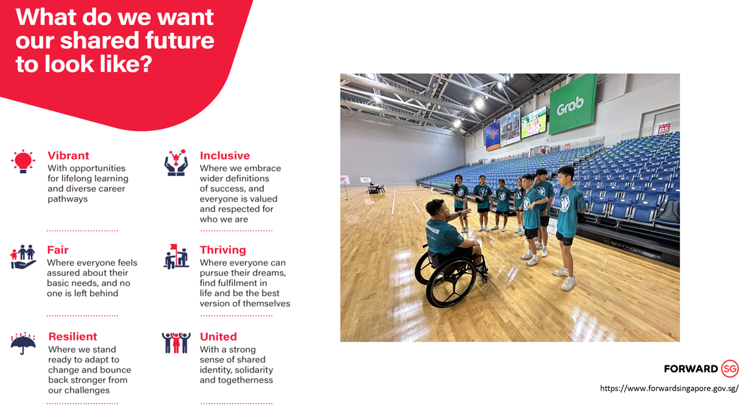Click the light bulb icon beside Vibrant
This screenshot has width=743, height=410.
23,161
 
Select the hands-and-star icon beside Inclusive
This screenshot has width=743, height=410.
176,162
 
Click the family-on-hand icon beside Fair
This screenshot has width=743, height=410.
23,257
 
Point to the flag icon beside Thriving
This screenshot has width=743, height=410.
176,256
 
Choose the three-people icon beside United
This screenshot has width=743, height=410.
176,343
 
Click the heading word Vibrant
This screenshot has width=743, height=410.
68,155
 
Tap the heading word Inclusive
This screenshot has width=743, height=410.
224,155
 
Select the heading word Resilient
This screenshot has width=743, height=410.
73,336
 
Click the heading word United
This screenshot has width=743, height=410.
218,336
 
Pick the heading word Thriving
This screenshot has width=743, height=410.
223,250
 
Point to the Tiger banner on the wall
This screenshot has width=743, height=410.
492,135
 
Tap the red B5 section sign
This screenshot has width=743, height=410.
664,129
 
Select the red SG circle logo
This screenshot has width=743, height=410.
730,368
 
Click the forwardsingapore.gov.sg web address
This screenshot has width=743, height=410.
669,388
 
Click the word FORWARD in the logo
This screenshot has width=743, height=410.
691,369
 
